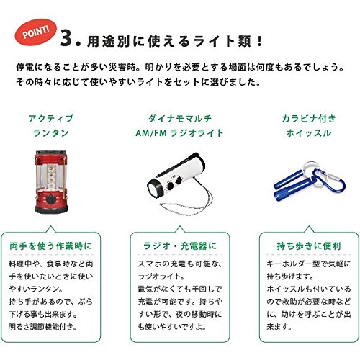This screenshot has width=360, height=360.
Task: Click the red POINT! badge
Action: click(x=35, y=32)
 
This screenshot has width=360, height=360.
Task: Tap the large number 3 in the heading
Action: click(x=66, y=38)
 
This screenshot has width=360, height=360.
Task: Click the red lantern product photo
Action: click(x=51, y=182)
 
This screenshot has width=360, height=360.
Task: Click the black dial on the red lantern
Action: click(x=51, y=199)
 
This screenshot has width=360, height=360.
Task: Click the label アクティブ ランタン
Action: click(x=51, y=125)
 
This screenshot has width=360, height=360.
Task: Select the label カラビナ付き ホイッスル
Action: click(x=309, y=125)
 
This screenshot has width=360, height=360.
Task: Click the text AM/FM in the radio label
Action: click(x=151, y=132)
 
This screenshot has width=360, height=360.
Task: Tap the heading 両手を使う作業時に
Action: click(x=50, y=246)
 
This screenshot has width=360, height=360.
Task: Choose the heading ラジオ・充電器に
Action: click(x=180, y=246)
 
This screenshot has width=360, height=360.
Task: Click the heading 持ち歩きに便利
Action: click(x=309, y=246)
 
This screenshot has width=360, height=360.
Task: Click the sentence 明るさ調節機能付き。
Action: click(x=42, y=327)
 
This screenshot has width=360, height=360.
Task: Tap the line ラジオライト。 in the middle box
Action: click(x=161, y=276)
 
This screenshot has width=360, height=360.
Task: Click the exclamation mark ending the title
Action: click(x=259, y=41)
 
